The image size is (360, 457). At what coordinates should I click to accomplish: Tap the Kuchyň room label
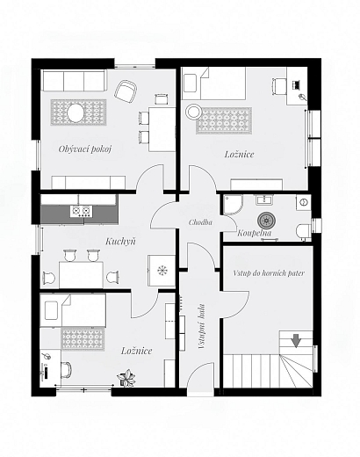point(120,242)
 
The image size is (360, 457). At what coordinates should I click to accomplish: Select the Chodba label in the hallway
point(200,222)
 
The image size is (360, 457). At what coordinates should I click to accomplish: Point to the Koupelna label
point(254,233)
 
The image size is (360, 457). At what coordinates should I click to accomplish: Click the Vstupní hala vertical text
point(201,326)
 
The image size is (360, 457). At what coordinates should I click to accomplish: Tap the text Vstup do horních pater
point(269,273)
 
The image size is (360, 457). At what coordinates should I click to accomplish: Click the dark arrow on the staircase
point(296,341)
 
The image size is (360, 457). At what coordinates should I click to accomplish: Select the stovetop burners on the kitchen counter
point(81,211)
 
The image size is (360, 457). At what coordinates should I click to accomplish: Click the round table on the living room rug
point(76,113)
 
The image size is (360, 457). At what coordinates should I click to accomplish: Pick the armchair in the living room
point(126,91)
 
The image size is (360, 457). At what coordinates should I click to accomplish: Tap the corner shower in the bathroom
point(234,205)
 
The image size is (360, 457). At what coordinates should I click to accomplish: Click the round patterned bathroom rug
point(267,221)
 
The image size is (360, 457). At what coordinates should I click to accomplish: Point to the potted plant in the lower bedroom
point(126,378)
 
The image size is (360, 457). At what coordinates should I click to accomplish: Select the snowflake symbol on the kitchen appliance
point(162,270)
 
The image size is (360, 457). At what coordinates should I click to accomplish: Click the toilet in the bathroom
point(303,232)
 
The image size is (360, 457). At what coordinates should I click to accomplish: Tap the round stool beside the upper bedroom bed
point(193,112)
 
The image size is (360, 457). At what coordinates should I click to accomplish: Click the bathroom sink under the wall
point(264,200)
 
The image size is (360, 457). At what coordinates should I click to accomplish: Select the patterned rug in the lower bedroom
point(83,338)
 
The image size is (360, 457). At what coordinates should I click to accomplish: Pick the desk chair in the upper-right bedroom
point(278,86)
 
